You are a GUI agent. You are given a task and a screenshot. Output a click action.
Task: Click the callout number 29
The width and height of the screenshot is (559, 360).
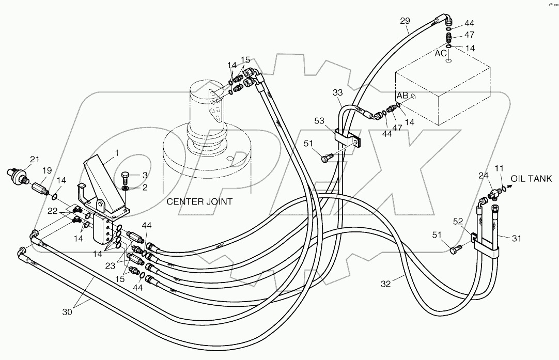click(405, 21)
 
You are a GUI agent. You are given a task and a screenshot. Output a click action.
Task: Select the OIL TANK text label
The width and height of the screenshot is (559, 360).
click(532, 179)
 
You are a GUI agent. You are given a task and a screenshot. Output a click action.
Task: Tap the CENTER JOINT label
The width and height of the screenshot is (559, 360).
click(199, 201)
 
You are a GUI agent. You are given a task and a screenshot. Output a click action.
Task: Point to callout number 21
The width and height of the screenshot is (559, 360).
click(34, 159)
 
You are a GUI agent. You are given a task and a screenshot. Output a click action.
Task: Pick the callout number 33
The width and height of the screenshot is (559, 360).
click(337, 92)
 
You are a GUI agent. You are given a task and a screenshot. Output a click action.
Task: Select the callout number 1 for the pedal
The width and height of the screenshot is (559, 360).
click(117, 153)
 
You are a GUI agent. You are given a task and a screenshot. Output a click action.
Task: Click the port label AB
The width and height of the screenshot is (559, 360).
click(403, 96)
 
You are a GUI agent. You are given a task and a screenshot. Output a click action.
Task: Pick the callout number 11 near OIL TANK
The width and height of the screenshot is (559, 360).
click(498, 168)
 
